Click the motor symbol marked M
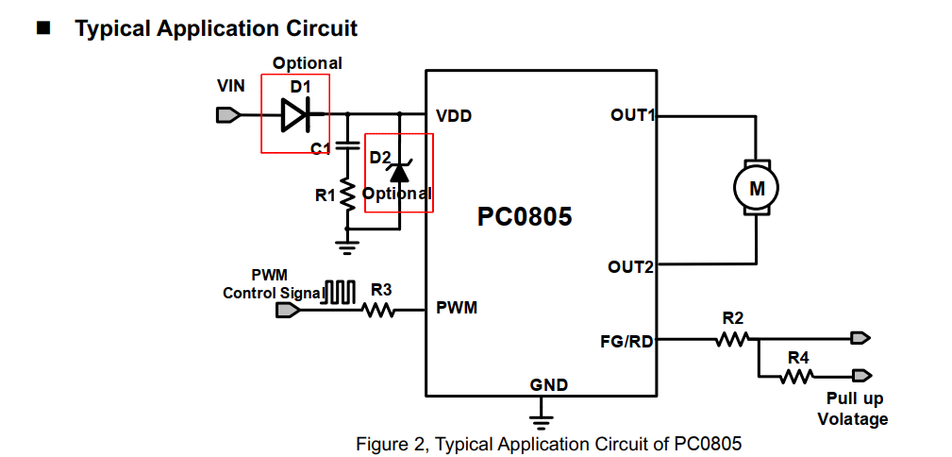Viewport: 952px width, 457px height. point(757,188)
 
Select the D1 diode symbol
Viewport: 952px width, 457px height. point(295,115)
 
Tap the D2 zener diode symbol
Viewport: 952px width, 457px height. point(399,172)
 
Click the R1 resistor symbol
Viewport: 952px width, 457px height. point(347,195)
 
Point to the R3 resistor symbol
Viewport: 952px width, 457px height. point(378,309)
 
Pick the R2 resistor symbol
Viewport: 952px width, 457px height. point(732,338)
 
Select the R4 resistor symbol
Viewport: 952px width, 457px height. point(797,376)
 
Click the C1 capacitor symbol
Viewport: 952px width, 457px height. point(347,145)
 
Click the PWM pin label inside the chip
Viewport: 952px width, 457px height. point(457,308)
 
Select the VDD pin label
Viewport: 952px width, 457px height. point(454,116)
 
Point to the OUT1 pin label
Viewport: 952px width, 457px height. point(632,115)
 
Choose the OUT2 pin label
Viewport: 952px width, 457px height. point(630,267)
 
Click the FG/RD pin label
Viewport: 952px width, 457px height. point(626,341)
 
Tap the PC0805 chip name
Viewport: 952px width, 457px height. point(525,217)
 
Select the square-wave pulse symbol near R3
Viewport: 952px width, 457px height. point(340,292)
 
